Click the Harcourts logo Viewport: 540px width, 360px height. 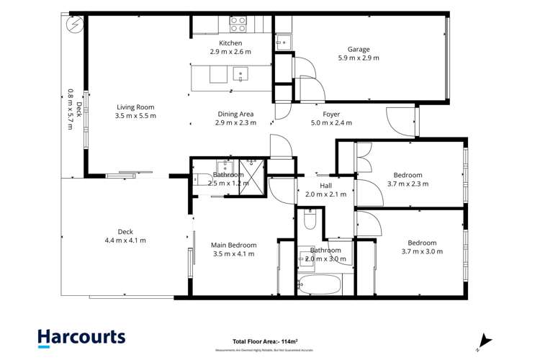click(x=81, y=337)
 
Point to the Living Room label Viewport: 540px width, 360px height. click(x=135, y=107)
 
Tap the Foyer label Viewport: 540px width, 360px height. click(x=331, y=114)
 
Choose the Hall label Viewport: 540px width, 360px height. click(x=326, y=185)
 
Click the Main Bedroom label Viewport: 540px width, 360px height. click(x=235, y=245)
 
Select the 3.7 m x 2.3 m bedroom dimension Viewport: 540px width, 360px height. click(x=408, y=184)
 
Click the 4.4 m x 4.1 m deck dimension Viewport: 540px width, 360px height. click(x=125, y=240)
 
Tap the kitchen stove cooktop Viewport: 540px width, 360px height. click(x=238, y=24)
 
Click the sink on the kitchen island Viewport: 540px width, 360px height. click(x=240, y=73)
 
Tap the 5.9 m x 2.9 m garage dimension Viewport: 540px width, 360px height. click(x=359, y=58)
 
